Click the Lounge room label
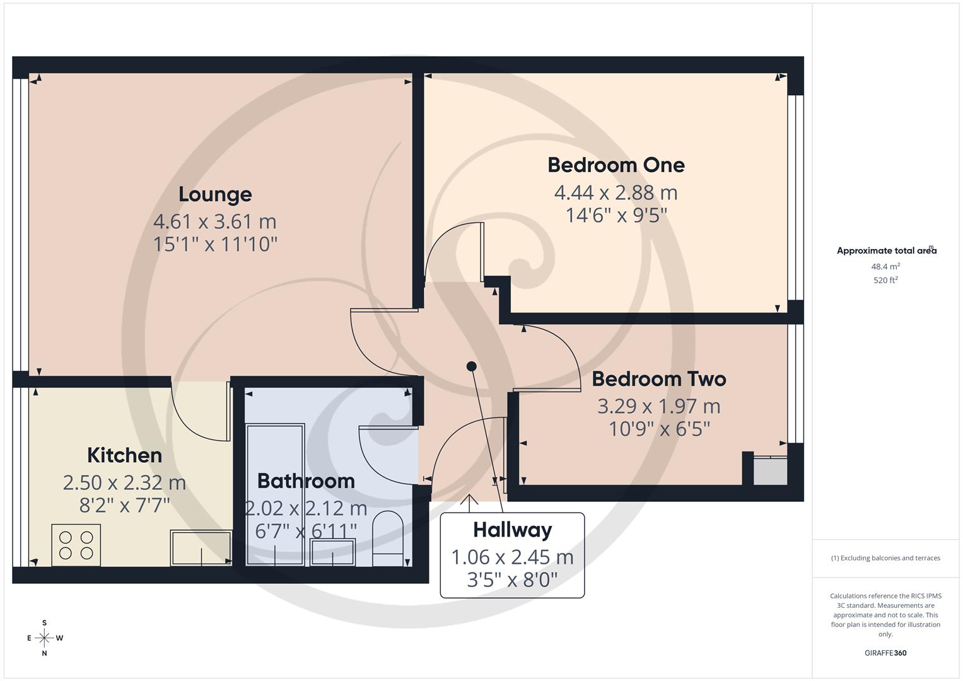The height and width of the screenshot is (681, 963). pyautogui.click(x=215, y=194)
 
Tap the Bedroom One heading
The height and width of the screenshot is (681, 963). pyautogui.click(x=616, y=165)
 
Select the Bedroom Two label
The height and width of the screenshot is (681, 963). pyautogui.click(x=658, y=379)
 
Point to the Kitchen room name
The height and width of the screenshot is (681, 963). pyautogui.click(x=124, y=455)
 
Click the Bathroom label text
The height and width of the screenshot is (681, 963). pyautogui.click(x=306, y=481)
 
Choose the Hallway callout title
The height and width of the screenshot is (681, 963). pyautogui.click(x=512, y=530)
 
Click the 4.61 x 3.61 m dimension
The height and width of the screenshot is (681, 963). pyautogui.click(x=215, y=222)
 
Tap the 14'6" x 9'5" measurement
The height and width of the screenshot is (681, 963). pyautogui.click(x=616, y=216)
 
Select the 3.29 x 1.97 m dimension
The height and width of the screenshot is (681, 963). pyautogui.click(x=658, y=407)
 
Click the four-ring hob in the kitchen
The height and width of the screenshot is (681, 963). pyautogui.click(x=76, y=545)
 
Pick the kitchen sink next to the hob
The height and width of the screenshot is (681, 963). pyautogui.click(x=201, y=547)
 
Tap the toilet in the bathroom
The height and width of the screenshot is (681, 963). pyautogui.click(x=388, y=539)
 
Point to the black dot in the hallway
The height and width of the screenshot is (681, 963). pyautogui.click(x=471, y=366)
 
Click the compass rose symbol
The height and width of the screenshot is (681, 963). pyautogui.click(x=44, y=638)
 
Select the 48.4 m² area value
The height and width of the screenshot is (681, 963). pyautogui.click(x=885, y=267)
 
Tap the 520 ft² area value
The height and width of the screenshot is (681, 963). pyautogui.click(x=885, y=281)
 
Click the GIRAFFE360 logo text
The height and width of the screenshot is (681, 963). pyautogui.click(x=885, y=653)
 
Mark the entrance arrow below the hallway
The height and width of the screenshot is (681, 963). pyautogui.click(x=469, y=501)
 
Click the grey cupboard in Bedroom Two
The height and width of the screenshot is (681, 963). pyautogui.click(x=770, y=471)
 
